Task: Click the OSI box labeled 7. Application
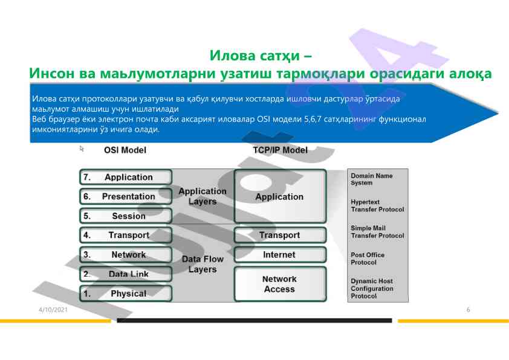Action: point(126,177)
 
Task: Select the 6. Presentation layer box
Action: point(126,196)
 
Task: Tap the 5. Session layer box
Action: point(126,216)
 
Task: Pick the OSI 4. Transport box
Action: point(126,235)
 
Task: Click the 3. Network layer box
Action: point(126,254)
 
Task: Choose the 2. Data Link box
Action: point(126,274)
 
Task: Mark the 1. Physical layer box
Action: point(126,294)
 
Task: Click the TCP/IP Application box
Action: point(279,196)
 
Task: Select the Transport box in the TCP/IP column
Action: point(279,235)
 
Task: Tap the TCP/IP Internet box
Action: point(279,254)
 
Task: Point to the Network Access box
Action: point(279,284)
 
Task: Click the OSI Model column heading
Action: point(125,150)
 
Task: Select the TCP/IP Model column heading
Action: point(279,150)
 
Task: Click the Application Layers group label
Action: point(203,196)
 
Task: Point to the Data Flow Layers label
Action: point(203,264)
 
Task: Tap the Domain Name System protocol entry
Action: point(371,179)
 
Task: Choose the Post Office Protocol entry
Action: point(368,259)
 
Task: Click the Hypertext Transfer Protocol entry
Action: point(377,205)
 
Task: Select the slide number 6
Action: point(468,310)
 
